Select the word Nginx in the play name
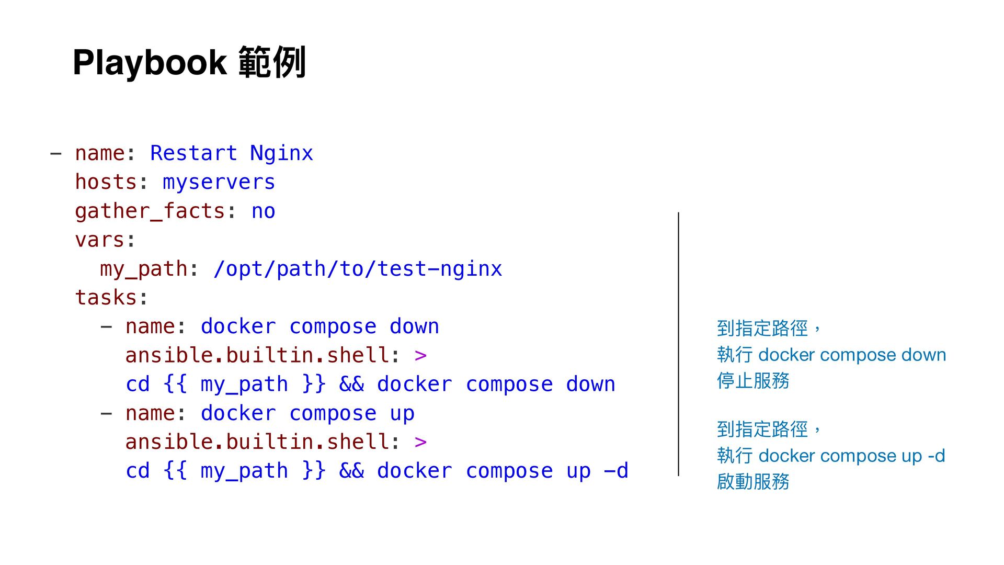[281, 153]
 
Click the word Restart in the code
[193, 153]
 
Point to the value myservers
[219, 182]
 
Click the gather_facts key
[150, 211]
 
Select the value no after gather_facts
[263, 211]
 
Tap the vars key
[99, 240]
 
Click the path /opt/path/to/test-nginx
[358, 269]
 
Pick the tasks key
[106, 298]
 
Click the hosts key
[106, 182]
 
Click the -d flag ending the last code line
[616, 471]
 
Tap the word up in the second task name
[402, 413]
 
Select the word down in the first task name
[414, 327]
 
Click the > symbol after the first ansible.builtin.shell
[420, 356]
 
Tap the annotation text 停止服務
[753, 381]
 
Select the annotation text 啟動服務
[753, 482]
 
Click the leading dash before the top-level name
[55, 154]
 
